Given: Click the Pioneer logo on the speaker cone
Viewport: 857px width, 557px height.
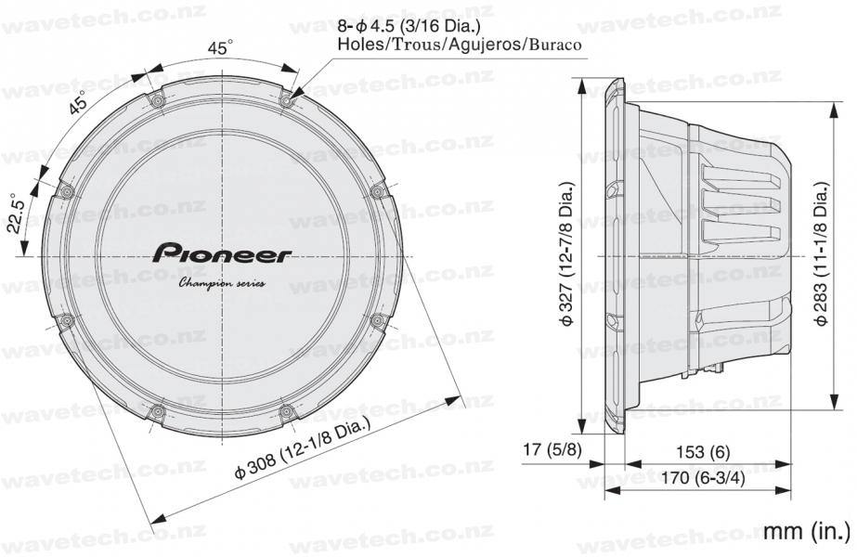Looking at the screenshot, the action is click(223, 254).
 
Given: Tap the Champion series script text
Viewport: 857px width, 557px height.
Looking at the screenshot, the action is click(222, 283).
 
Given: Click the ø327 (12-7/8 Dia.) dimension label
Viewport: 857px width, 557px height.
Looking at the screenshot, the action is click(566, 255).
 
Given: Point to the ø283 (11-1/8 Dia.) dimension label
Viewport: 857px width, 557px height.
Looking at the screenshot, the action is click(821, 253).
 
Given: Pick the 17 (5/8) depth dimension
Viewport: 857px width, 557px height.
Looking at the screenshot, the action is click(552, 450).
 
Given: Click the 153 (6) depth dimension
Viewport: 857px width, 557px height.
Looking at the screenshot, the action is click(703, 452).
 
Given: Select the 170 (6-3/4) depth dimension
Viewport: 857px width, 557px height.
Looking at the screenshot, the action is click(704, 479).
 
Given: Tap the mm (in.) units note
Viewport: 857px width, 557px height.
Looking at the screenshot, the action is click(807, 530).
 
